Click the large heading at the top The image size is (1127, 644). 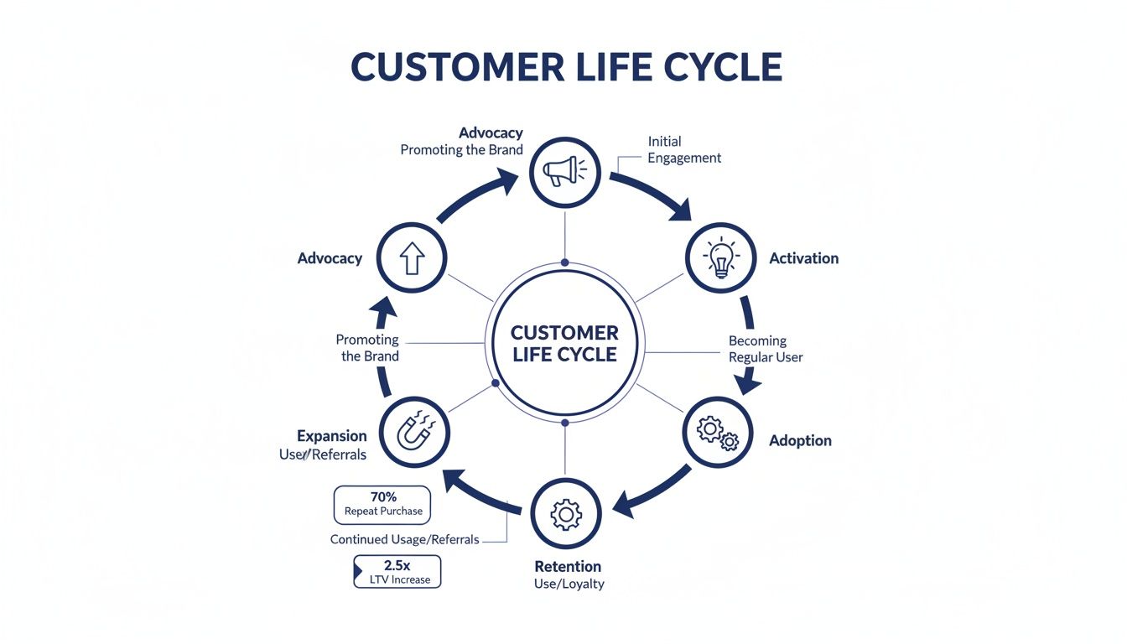566,67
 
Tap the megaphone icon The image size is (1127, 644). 565,171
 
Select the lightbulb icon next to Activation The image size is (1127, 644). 721,258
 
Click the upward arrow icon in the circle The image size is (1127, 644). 412,258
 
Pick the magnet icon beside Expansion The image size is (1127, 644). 414,434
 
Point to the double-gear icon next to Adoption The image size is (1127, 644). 718,432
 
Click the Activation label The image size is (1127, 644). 803,258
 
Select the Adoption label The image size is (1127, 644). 800,440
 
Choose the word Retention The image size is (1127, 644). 568,566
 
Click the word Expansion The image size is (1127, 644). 331,436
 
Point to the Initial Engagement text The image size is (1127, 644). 683,150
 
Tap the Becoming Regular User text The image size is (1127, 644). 765,349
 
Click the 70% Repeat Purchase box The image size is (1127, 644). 382,504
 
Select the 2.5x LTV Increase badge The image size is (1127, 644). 397,572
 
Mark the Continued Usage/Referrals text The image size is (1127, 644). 404,539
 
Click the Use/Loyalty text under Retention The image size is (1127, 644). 569,584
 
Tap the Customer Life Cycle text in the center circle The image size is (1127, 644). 564,343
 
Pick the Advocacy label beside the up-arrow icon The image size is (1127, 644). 330,258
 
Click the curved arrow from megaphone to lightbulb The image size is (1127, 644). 658,192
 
